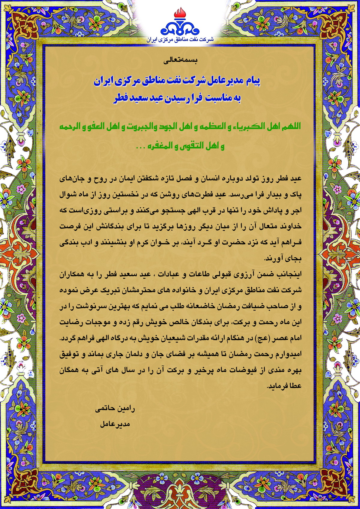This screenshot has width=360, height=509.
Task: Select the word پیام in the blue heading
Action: click(251, 81)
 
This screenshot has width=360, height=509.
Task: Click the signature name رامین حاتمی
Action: click(115, 409)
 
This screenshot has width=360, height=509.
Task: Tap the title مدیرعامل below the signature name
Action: click(115, 424)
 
